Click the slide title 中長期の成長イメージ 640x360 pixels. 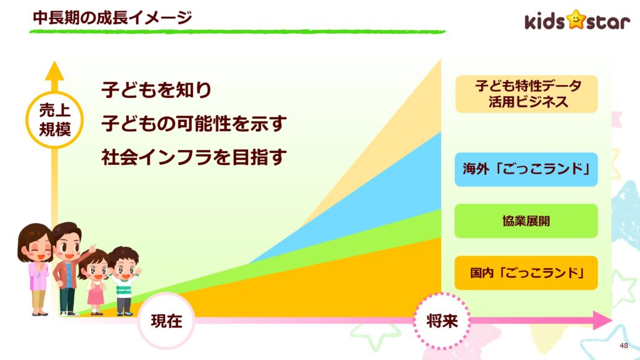point(112,17)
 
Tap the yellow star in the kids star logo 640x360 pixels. point(576,19)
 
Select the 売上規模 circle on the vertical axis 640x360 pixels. point(55,120)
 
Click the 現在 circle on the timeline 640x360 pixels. point(166,321)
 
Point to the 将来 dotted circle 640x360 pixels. point(442,321)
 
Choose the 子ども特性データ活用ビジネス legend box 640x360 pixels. point(526,94)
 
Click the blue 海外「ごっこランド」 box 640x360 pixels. point(526,169)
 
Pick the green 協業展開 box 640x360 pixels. point(526,221)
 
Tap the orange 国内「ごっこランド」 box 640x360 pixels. point(526,272)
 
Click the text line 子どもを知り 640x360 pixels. point(156,90)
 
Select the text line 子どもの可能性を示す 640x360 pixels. point(194,123)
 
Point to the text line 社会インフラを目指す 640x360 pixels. point(194,157)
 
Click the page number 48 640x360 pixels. point(624,346)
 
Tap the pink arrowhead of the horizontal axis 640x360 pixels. point(602,321)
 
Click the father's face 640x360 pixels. point(67,246)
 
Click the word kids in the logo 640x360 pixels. point(545,21)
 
